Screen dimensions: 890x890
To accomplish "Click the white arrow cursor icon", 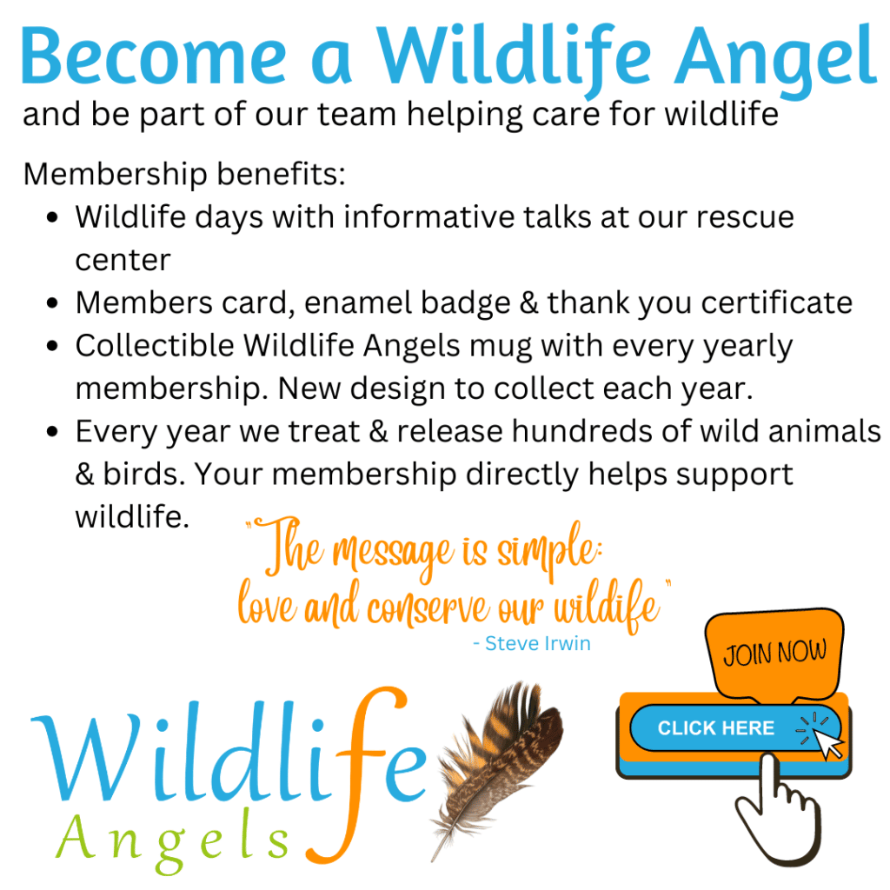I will click(x=828, y=742).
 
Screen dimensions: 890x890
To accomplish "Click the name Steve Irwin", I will click(x=539, y=644).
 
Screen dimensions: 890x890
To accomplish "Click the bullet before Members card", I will click(x=54, y=303).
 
